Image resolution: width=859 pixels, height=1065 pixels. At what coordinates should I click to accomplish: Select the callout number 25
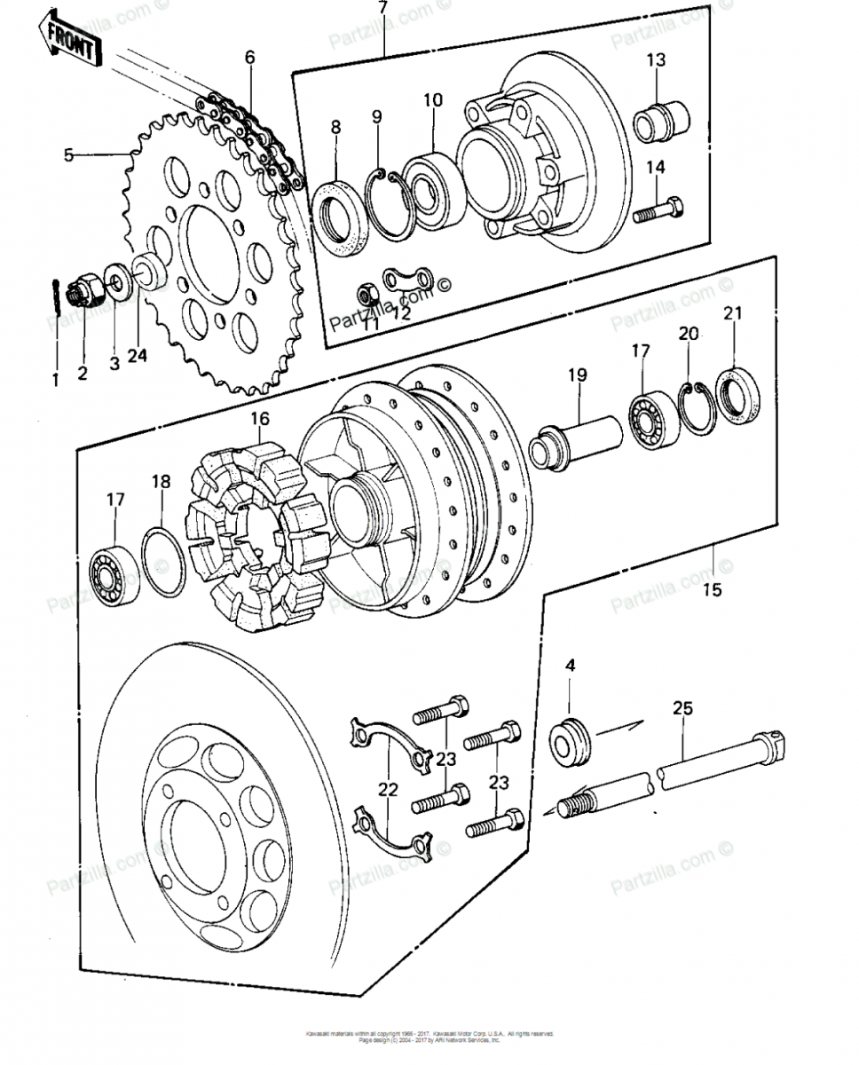682,708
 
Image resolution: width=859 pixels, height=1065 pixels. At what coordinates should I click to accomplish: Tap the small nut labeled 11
364,295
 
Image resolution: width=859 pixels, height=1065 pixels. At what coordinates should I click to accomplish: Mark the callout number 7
382,9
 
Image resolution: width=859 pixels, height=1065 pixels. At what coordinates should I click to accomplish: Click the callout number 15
713,589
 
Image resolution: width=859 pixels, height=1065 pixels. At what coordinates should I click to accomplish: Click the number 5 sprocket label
69,154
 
